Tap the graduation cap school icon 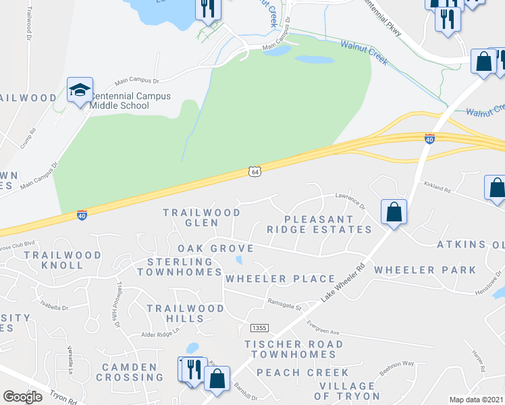click(80, 90)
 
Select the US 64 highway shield click(254, 171)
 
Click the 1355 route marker click(259, 327)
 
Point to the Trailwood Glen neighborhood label click(202, 217)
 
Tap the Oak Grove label click(215, 248)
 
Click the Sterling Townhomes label click(180, 267)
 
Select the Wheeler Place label click(280, 279)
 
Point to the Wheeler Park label click(425, 270)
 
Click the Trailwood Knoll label click(62, 260)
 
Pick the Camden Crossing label click(130, 372)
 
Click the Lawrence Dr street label click(350, 201)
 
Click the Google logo click(22, 397)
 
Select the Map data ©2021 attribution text click(475, 400)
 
